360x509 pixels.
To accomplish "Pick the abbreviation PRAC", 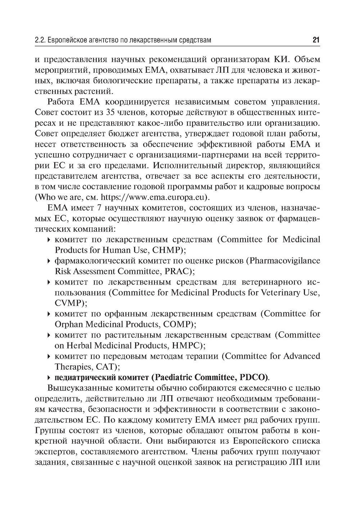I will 177,271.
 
